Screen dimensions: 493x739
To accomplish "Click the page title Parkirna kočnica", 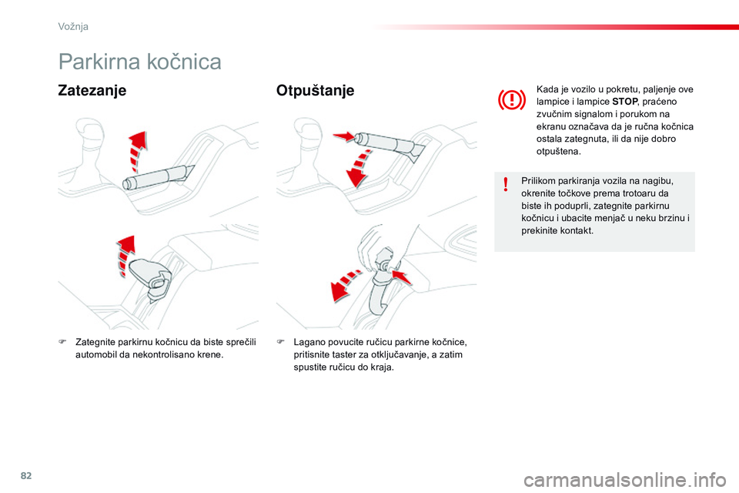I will click(139, 62).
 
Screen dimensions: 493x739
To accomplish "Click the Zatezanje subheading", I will click(92, 91).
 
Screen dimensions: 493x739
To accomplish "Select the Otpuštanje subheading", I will click(315, 91).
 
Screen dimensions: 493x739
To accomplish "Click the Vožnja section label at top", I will click(73, 26).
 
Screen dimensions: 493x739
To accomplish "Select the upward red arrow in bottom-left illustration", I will click(124, 253).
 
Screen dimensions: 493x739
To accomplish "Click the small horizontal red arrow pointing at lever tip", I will click(343, 137).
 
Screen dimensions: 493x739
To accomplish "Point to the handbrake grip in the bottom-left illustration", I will click(152, 276).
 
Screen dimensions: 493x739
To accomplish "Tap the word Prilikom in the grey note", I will click(538, 181).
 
